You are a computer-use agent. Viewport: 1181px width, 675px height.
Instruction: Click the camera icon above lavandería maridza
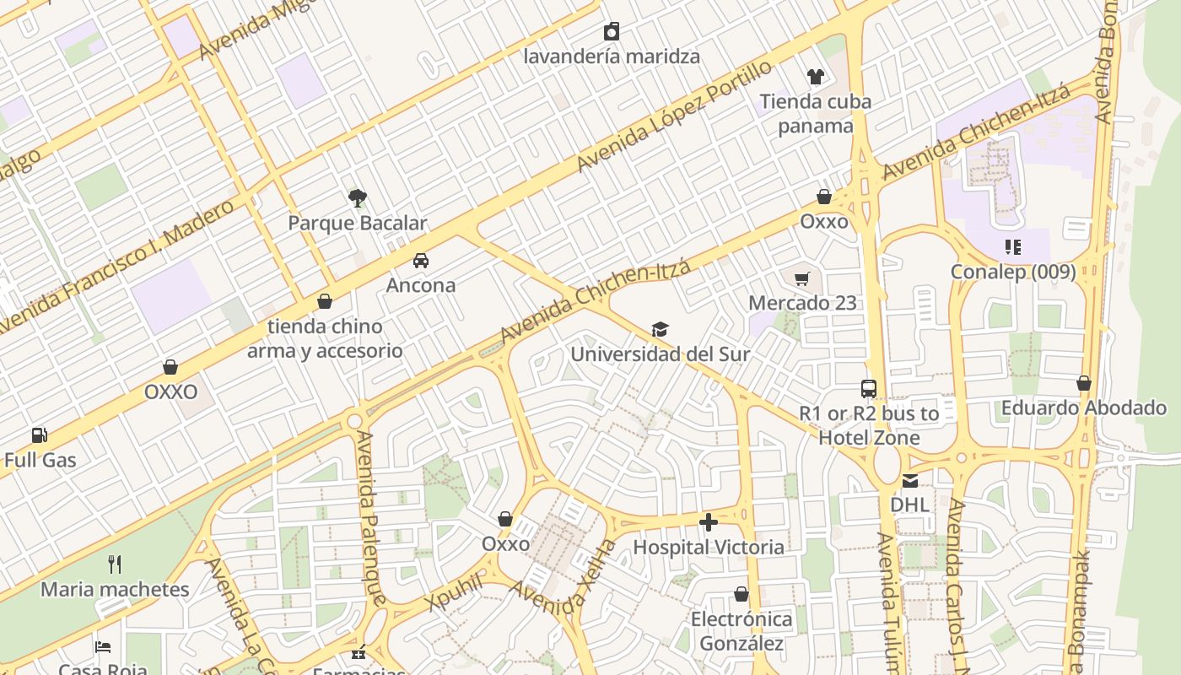(x=612, y=32)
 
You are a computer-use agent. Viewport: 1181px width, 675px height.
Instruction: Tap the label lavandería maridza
(x=612, y=57)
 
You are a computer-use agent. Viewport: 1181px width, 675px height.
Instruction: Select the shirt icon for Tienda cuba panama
(x=815, y=77)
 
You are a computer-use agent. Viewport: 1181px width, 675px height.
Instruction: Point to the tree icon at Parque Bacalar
(x=358, y=198)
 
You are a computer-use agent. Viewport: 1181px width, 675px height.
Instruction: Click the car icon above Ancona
(x=420, y=260)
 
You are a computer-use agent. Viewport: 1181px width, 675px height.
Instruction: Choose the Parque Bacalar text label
(x=358, y=224)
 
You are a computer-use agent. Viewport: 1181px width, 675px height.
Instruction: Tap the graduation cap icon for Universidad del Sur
(x=660, y=329)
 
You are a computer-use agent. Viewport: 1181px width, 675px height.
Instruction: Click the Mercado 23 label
(x=802, y=303)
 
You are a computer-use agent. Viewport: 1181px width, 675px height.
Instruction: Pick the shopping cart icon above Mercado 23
(x=802, y=278)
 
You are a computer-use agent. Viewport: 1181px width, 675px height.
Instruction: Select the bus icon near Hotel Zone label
(x=869, y=388)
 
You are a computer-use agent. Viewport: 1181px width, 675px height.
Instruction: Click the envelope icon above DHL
(x=910, y=481)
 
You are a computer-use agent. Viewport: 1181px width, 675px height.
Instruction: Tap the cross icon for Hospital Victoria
(x=709, y=522)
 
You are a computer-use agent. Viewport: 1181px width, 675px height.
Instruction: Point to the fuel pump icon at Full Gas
(x=40, y=435)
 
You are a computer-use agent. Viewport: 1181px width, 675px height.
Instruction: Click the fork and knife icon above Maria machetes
(x=115, y=564)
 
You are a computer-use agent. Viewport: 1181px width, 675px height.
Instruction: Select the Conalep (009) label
(x=1013, y=272)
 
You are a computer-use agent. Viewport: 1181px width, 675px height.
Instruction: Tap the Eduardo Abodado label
(x=1083, y=408)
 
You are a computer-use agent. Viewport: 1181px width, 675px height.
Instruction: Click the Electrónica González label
(x=741, y=631)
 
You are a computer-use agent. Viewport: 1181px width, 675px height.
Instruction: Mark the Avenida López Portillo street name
(x=674, y=116)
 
